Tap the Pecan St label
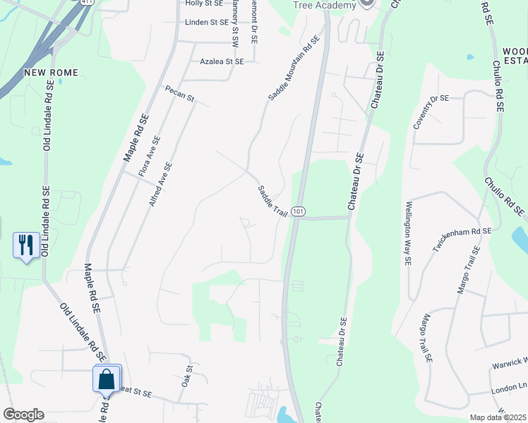[x=179, y=94]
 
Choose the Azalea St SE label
[x=222, y=62]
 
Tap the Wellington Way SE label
[x=408, y=234]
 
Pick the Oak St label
[x=187, y=375]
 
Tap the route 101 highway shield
[x=299, y=211]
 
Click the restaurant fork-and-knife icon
[x=26, y=245]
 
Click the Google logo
[x=23, y=415]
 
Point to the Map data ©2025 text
[x=498, y=417]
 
